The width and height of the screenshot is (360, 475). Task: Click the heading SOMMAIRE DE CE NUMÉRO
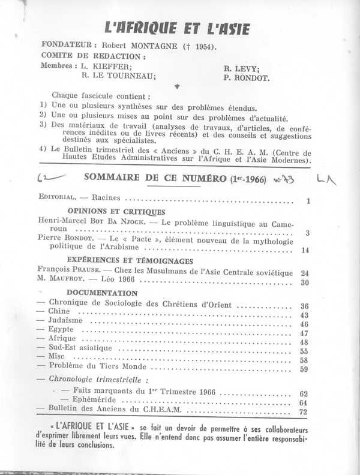coord(153,178)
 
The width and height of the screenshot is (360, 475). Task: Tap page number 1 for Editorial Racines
coord(307,202)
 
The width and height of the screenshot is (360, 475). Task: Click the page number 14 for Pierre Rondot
coord(305,250)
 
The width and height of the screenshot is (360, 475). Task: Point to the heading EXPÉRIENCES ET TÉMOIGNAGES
coord(130,261)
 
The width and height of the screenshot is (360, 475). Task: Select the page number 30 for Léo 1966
coord(305,283)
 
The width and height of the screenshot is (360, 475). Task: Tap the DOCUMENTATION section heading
coord(103,293)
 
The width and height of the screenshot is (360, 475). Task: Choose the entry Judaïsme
coord(65,323)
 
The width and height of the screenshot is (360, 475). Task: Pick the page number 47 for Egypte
coord(305,333)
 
